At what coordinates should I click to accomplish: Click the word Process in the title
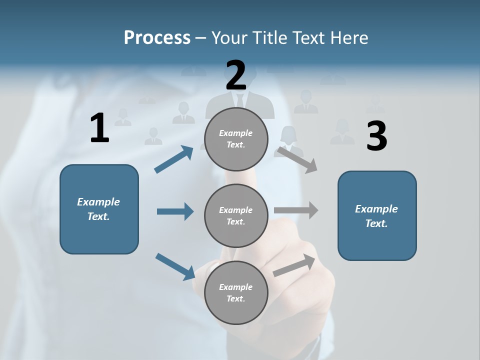(x=157, y=38)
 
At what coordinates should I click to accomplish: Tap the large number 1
(x=99, y=128)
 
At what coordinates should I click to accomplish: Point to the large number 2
(x=236, y=75)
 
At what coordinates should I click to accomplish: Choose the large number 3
(x=376, y=136)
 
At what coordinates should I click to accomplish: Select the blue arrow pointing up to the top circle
(x=173, y=159)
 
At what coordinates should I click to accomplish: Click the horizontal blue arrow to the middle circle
(x=175, y=211)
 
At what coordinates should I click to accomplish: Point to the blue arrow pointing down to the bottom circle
(x=175, y=266)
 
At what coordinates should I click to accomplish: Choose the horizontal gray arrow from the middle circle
(x=296, y=210)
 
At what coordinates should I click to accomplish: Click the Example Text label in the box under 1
(x=98, y=209)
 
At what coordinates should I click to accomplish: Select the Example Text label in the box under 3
(x=376, y=216)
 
